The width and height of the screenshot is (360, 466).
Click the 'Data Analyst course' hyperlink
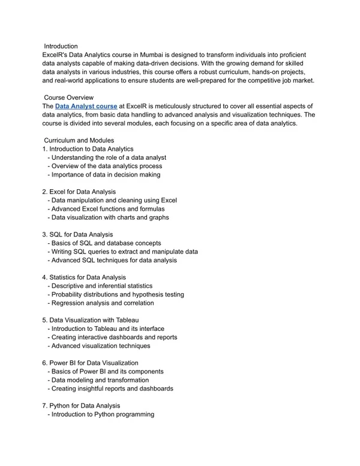[x=86, y=106]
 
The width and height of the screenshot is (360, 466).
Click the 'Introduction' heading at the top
[x=61, y=46]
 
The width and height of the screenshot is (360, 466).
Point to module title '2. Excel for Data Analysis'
[x=83, y=192]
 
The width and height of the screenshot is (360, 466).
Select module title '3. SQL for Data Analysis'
[x=81, y=234]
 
